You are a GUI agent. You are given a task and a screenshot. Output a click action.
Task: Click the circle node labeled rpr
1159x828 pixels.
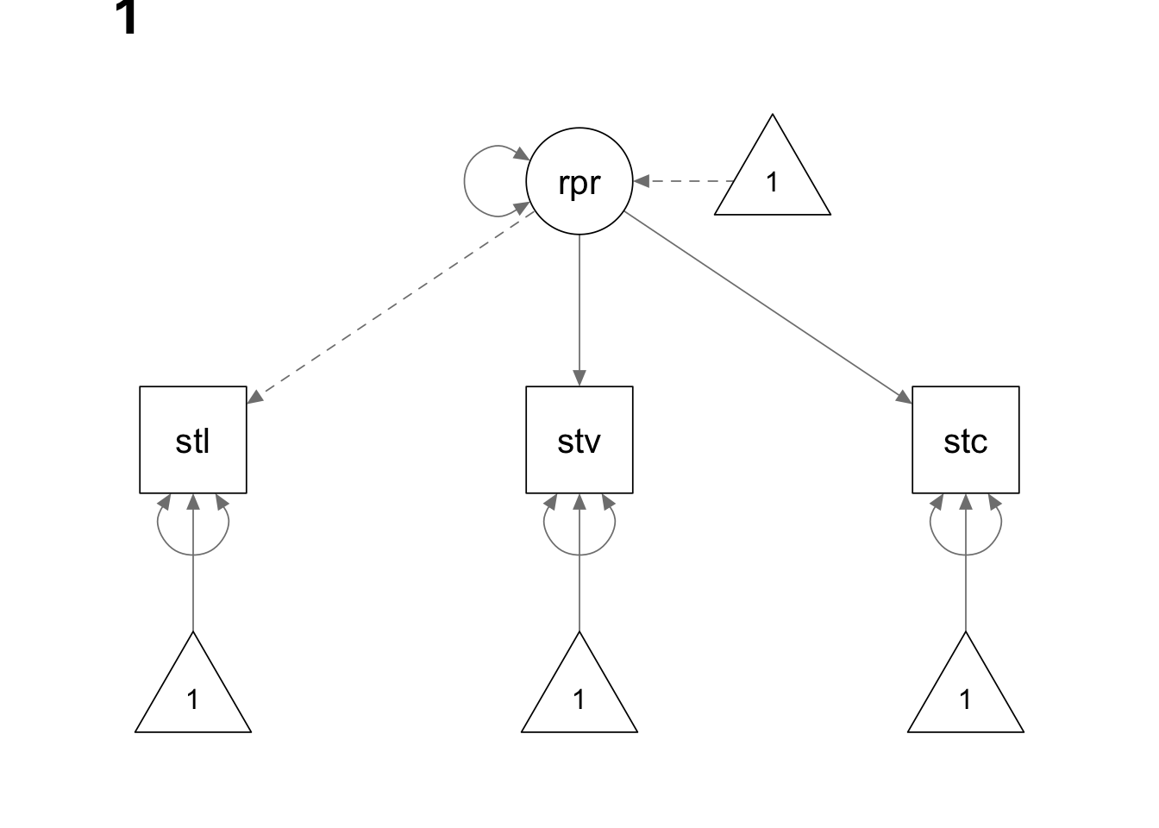coord(579,182)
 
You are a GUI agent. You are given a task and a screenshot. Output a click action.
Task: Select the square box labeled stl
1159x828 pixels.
coord(193,440)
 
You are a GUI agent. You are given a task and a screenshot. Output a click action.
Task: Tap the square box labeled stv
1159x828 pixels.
coord(579,440)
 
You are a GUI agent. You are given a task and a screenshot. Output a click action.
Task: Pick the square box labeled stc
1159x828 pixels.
coord(965,440)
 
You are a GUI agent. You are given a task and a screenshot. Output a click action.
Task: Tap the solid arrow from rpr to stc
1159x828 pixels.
coord(767,307)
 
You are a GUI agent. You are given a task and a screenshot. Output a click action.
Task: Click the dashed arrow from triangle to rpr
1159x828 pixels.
coord(686,182)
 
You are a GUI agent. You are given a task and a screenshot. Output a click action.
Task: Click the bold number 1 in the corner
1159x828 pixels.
coord(126,19)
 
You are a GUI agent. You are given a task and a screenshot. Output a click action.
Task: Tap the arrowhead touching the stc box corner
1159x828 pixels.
coord(905,398)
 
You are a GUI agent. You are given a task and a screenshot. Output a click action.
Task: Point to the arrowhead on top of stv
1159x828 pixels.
coord(579,378)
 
